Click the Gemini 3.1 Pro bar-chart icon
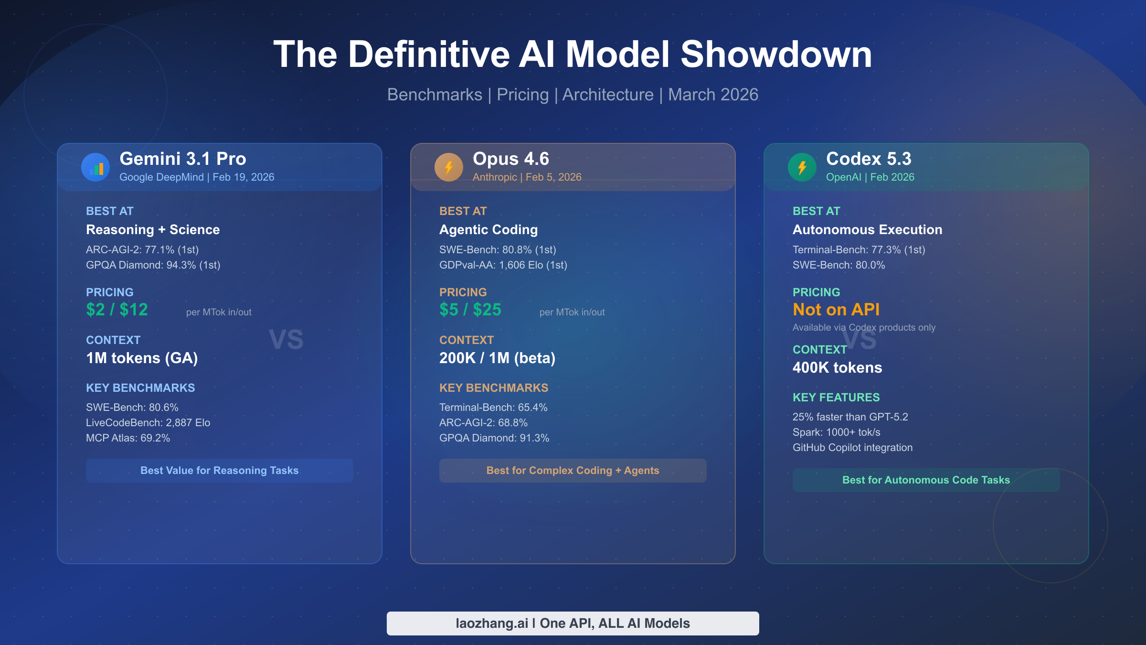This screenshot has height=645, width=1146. coord(95,167)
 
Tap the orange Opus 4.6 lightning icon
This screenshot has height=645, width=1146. coord(449,167)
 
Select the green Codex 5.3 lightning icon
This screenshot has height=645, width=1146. coord(802,167)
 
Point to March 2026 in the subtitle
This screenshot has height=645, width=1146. coord(713,95)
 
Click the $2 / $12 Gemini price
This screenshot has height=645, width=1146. coord(117,310)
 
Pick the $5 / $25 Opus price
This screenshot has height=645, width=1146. coord(470,310)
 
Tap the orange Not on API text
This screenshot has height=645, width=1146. coord(836,310)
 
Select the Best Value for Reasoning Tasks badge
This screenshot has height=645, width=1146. coord(220,471)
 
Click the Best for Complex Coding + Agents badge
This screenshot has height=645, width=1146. coord(573,471)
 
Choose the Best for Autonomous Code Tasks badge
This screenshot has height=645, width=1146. coord(926,480)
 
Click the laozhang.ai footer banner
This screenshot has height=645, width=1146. coord(573,623)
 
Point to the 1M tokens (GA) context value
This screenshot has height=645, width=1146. coord(142,358)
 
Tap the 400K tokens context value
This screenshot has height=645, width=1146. coord(838,368)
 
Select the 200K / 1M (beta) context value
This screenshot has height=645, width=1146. coord(497,358)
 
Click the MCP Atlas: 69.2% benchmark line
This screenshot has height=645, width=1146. coord(128,438)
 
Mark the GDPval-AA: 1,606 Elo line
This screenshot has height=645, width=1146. coord(503,265)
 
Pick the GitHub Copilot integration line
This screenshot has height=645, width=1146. coord(852,448)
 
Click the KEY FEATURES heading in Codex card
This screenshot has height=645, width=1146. coord(836,398)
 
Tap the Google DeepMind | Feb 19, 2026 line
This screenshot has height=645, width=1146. coord(197,177)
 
